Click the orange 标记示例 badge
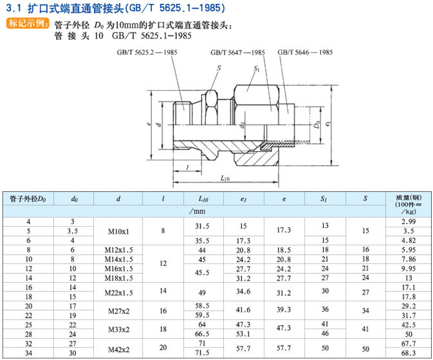pyautogui.click(x=27, y=23)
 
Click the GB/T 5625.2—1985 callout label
pyautogui.click(x=147, y=52)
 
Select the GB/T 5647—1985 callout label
pyautogui.click(x=238, y=52)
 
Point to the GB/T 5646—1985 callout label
pyautogui.click(x=305, y=52)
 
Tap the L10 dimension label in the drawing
pyautogui.click(x=225, y=178)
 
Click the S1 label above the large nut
pyautogui.click(x=256, y=68)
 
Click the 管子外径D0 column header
pyautogui.click(x=28, y=199)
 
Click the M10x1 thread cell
pyautogui.click(x=118, y=231)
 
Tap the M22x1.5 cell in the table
pyautogui.click(x=119, y=293)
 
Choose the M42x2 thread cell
pyautogui.click(x=119, y=349)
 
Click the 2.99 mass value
pyautogui.click(x=408, y=221)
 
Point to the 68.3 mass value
pyautogui.click(x=408, y=353)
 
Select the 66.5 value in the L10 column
pyautogui.click(x=202, y=334)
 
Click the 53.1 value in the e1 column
pyautogui.click(x=243, y=334)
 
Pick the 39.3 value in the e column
pyautogui.click(x=284, y=310)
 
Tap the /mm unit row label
pyautogui.click(x=197, y=211)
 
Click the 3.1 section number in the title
pyautogui.click(x=13, y=8)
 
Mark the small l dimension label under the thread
pyautogui.click(x=187, y=167)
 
